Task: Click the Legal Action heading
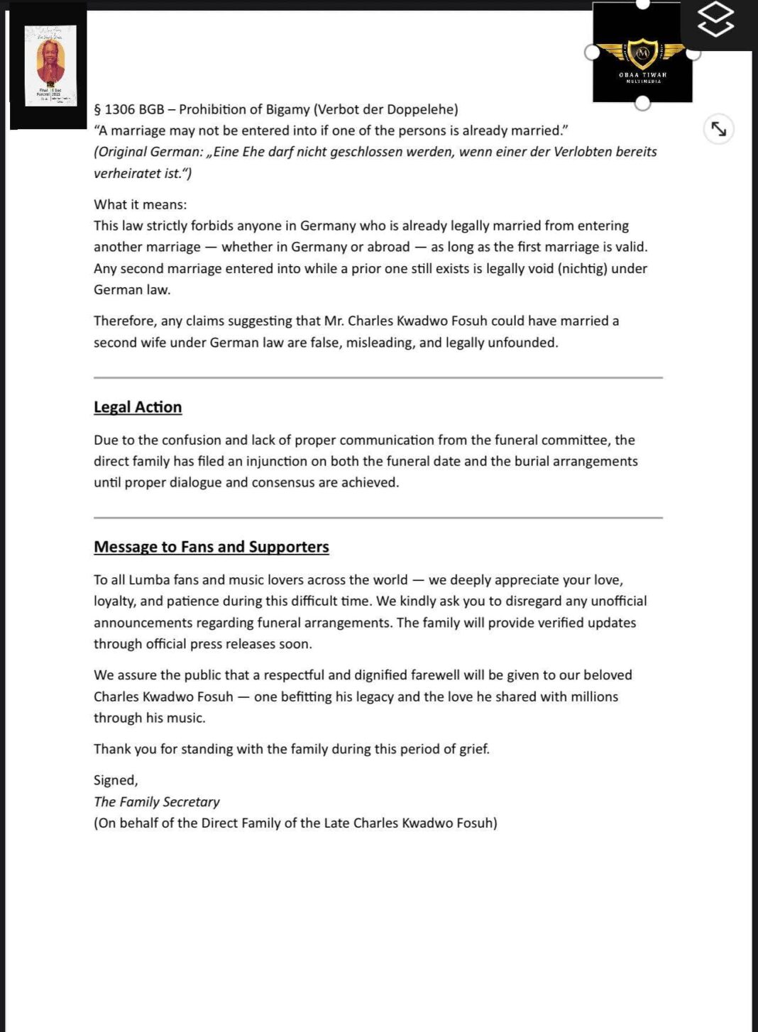point(138,407)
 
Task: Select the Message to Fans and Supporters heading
point(211,547)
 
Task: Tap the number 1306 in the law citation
point(120,109)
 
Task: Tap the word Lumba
point(149,580)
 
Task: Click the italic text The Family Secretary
point(156,801)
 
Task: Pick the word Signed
point(115,780)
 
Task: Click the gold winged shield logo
point(642,53)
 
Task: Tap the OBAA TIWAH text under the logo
point(642,74)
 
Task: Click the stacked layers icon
point(715,19)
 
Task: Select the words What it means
point(140,205)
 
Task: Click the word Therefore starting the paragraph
point(125,321)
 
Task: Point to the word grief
point(473,749)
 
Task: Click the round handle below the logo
point(642,104)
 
